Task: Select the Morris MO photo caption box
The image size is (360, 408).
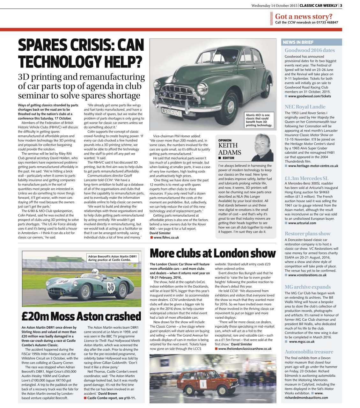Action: click(259, 120)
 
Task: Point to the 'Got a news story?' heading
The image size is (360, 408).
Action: click(304, 17)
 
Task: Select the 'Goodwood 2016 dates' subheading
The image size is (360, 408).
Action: click(310, 50)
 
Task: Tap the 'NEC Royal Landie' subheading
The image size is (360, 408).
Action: click(305, 107)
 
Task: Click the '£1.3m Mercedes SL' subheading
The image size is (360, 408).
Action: click(306, 178)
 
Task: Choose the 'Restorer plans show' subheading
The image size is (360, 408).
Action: click(307, 233)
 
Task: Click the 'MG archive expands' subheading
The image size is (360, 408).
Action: click(307, 287)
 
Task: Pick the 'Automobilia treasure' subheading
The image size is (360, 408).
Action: click(309, 352)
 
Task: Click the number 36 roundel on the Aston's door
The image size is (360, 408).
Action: click(111, 287)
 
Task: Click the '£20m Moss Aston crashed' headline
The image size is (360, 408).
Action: click(81, 316)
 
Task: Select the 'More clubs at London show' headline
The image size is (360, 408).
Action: click(212, 253)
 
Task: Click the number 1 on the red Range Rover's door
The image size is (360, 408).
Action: click(201, 383)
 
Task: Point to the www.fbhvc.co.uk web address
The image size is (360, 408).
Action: click(166, 237)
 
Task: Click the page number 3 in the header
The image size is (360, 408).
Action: click(341, 5)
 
